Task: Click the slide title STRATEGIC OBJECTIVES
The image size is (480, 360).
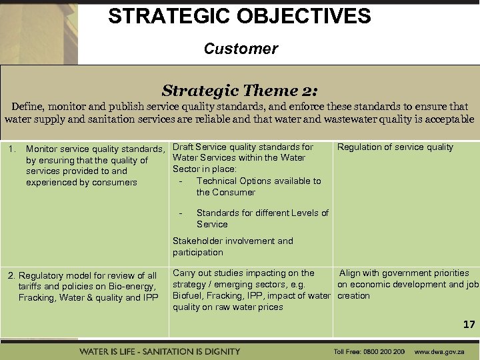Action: pyautogui.click(x=239, y=16)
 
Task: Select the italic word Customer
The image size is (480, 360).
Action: pyautogui.click(x=241, y=49)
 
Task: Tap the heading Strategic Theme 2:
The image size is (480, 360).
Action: pyautogui.click(x=240, y=90)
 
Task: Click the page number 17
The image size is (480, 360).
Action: pyautogui.click(x=469, y=325)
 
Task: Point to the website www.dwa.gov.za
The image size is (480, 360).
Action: pyautogui.click(x=440, y=351)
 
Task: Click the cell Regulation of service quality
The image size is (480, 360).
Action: pyautogui.click(x=395, y=147)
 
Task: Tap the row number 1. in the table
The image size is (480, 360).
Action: pyautogui.click(x=11, y=149)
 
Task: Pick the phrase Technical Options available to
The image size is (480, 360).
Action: pyautogui.click(x=259, y=181)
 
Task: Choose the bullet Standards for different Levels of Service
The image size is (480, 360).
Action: pyautogui.click(x=262, y=219)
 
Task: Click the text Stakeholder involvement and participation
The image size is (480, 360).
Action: pyautogui.click(x=233, y=247)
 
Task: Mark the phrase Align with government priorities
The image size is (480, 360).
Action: pyautogui.click(x=405, y=273)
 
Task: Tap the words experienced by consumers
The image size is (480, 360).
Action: pyautogui.click(x=81, y=182)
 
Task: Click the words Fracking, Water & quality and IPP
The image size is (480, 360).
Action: pyautogui.click(x=88, y=297)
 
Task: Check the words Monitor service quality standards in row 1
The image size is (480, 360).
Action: pyautogui.click(x=95, y=149)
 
